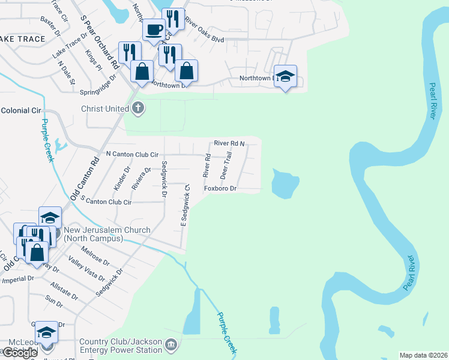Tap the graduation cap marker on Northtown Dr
[x=286, y=76]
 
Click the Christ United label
[x=105, y=109]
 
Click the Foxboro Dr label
[x=220, y=188]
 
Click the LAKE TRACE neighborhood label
[x=23, y=39]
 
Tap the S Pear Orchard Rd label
[x=98, y=41]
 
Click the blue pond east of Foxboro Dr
[x=285, y=184]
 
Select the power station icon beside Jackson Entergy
[x=172, y=344]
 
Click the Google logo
[x=20, y=353]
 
